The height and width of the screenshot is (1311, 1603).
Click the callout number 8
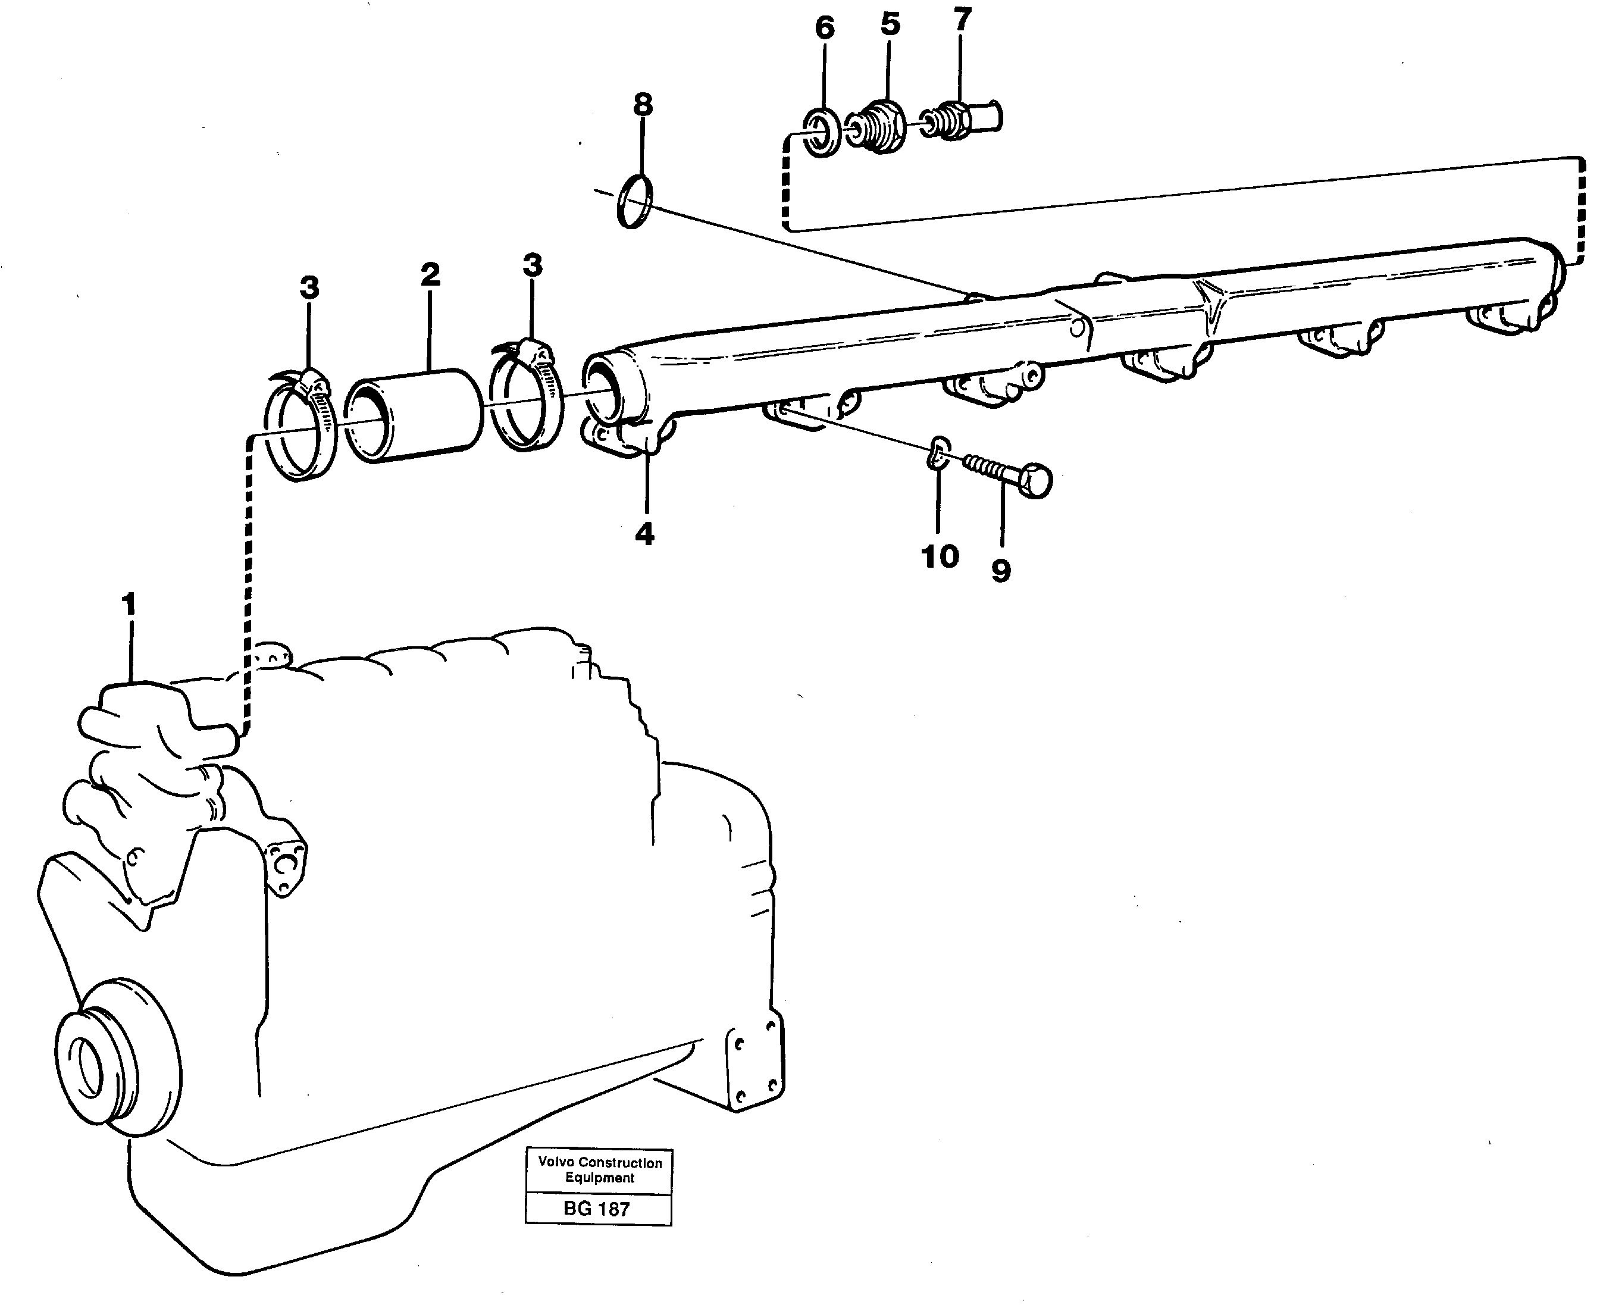pyautogui.click(x=643, y=105)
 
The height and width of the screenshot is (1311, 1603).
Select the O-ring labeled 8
pyautogui.click(x=635, y=201)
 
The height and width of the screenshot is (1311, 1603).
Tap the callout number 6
pyautogui.click(x=825, y=29)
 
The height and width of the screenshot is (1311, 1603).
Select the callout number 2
pyautogui.click(x=430, y=275)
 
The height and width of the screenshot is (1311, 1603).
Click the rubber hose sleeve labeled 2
pyautogui.click(x=414, y=416)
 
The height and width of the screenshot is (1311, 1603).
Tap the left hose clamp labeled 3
pyautogui.click(x=301, y=427)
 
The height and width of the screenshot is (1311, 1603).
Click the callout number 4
pyautogui.click(x=644, y=534)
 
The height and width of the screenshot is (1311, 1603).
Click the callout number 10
pyautogui.click(x=940, y=556)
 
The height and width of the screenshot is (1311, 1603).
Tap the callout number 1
pyautogui.click(x=129, y=605)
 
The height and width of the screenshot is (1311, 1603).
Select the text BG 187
pyautogui.click(x=596, y=1209)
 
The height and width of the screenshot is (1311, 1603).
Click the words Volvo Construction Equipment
pyautogui.click(x=600, y=1170)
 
